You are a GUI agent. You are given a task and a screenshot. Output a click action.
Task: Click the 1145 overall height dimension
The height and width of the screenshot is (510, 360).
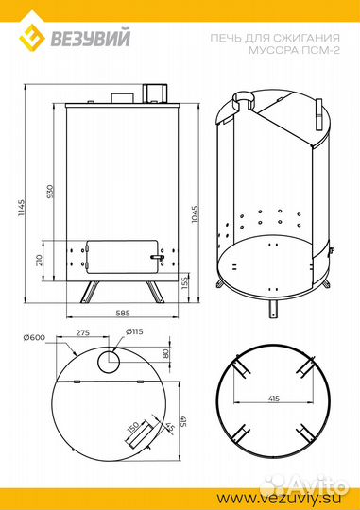[x=21, y=209]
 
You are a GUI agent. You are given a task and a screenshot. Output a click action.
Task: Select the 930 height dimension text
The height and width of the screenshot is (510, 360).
[x=50, y=191]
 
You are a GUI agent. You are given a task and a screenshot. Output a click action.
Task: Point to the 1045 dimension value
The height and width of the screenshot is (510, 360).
[x=195, y=213]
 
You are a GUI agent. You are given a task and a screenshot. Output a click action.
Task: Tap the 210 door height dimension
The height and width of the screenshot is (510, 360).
[x=40, y=260]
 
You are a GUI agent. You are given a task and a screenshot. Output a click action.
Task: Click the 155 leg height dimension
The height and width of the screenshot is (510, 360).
[x=185, y=283]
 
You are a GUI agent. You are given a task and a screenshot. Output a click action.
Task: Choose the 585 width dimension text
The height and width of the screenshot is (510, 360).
[x=123, y=313]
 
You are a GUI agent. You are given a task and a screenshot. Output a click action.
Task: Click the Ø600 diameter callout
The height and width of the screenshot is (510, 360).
[x=34, y=337]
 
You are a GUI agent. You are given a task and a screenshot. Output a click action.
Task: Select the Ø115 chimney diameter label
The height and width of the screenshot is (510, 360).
[x=134, y=331]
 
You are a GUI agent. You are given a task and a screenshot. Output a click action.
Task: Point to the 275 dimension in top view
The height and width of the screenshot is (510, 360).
[x=82, y=333]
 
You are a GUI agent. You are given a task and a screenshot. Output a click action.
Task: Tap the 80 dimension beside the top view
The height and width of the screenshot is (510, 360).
[x=165, y=353]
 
